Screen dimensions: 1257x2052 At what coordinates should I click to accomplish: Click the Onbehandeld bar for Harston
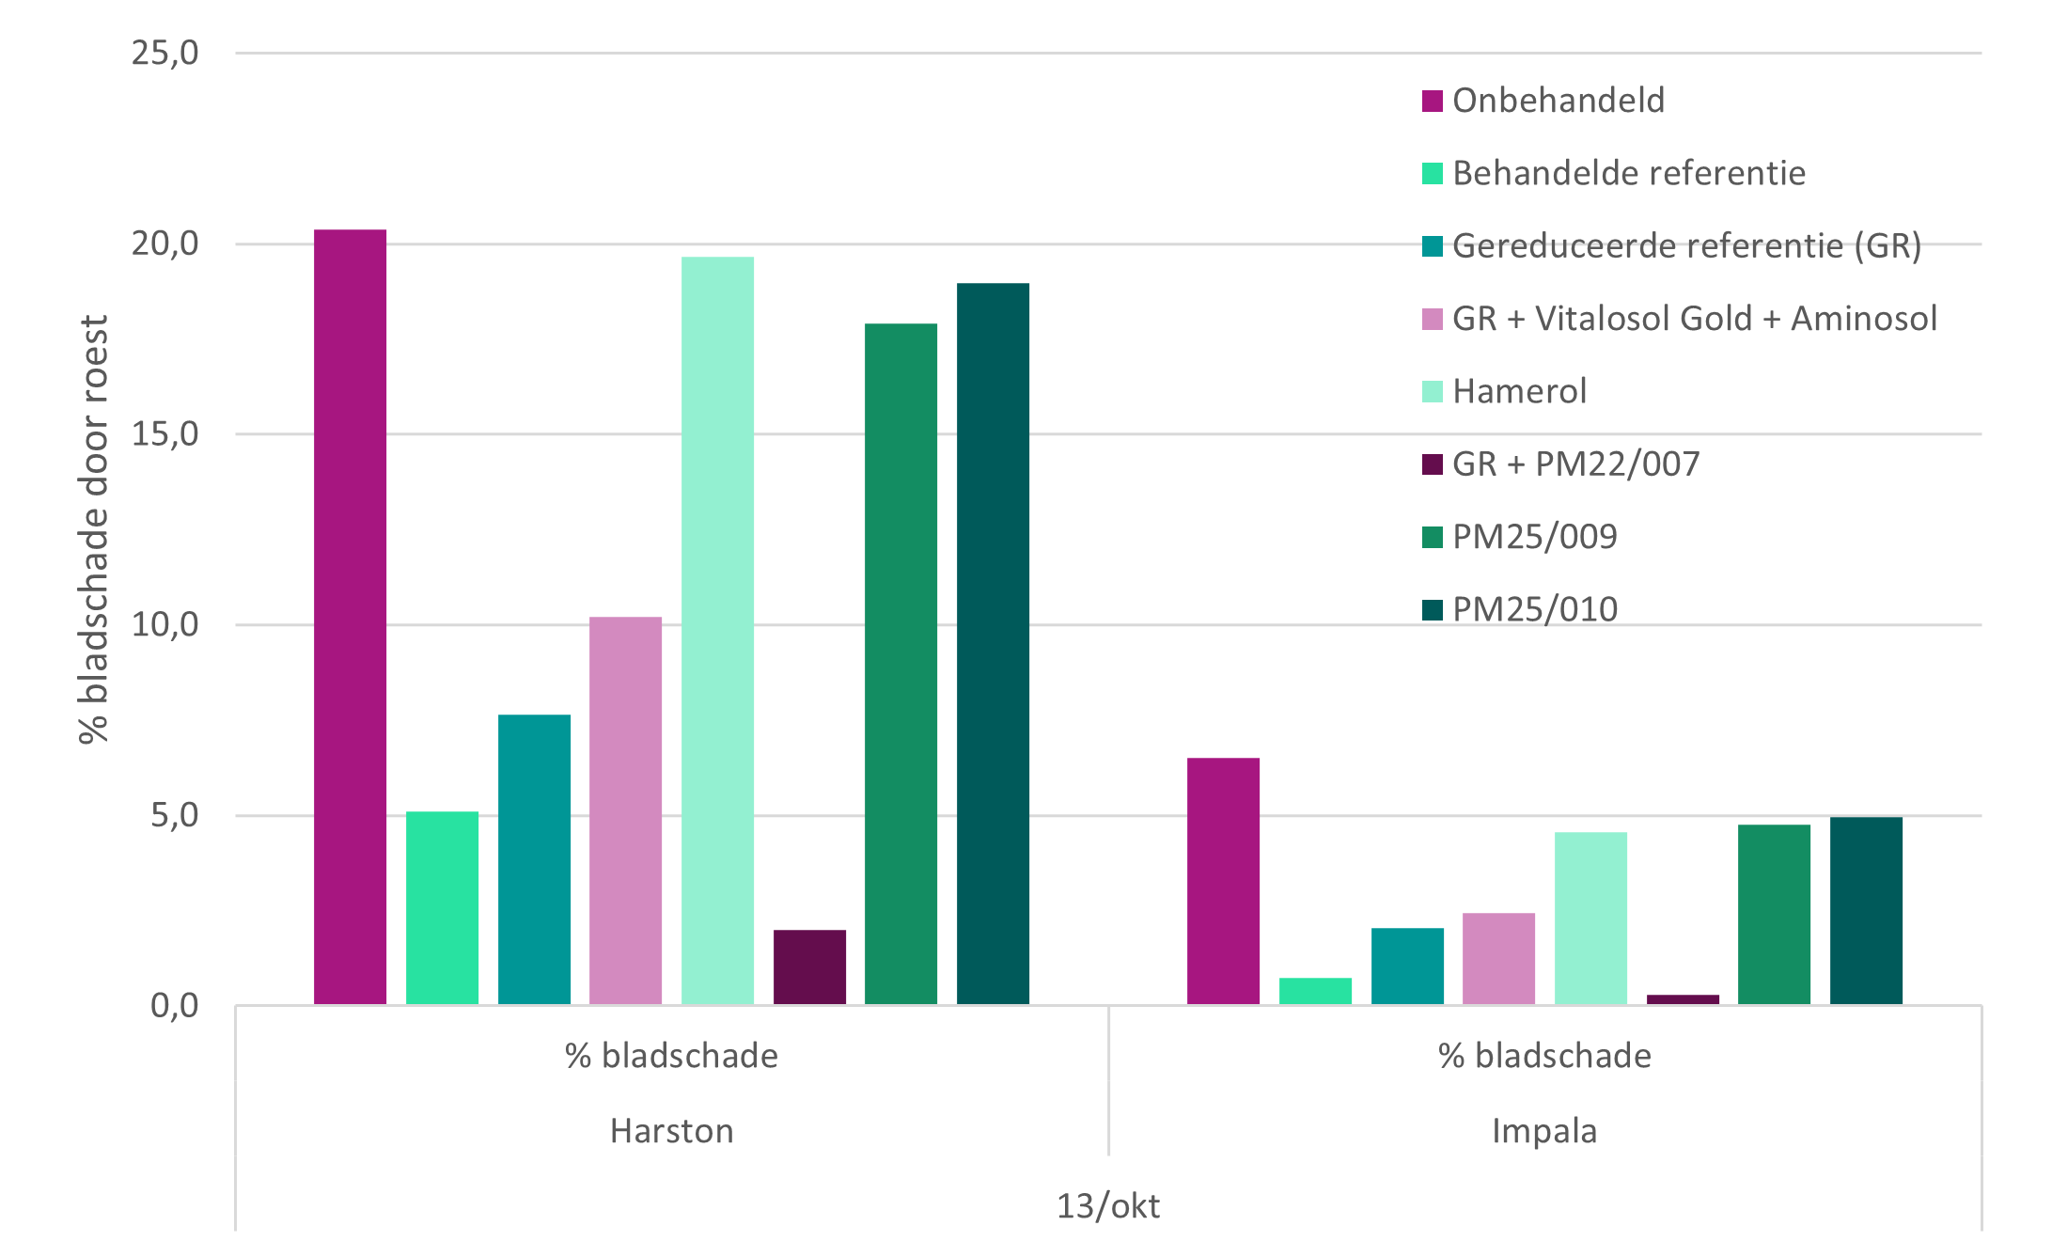point(350,617)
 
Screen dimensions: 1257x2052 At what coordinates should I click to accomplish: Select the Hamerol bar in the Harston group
point(717,630)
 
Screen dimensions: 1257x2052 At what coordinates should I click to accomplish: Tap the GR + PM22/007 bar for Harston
point(809,966)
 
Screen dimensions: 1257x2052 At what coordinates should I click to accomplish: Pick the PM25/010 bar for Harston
point(993,643)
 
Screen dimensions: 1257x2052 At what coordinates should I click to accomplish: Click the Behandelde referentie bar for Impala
point(1315,991)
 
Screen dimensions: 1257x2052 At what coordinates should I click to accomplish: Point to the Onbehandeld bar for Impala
point(1223,881)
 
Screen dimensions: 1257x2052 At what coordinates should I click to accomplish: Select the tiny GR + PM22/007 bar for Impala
point(1683,999)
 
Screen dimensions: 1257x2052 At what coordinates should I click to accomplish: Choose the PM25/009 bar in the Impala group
point(1774,914)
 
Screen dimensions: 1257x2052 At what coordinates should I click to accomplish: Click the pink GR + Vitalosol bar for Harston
point(625,810)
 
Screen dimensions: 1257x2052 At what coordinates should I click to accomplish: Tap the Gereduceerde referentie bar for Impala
point(1407,966)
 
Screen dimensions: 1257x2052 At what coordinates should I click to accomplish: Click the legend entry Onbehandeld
point(1558,101)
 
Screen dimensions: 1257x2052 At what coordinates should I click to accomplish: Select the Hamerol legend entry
point(1519,391)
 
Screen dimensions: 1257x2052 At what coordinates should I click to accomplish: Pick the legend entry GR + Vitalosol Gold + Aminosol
point(1694,319)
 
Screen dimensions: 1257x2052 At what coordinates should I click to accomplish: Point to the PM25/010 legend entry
point(1534,609)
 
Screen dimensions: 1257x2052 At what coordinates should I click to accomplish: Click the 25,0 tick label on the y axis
point(165,53)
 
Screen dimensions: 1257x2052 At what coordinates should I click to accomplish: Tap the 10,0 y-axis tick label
point(165,624)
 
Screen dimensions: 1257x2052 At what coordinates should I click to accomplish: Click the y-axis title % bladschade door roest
point(94,529)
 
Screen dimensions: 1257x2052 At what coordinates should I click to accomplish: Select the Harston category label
point(671,1131)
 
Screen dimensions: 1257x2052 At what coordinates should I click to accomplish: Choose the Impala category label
point(1544,1131)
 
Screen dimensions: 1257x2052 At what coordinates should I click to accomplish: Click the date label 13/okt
point(1108,1206)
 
